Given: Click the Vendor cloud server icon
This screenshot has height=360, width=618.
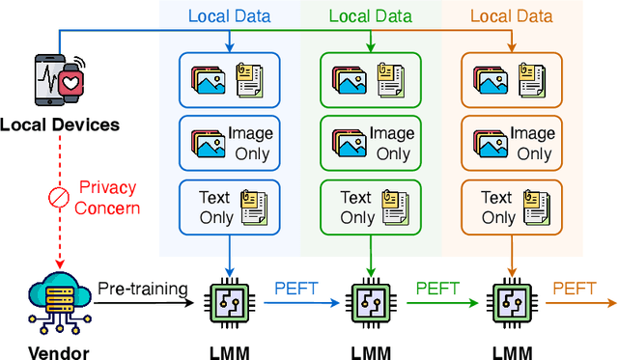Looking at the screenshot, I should tap(60, 295).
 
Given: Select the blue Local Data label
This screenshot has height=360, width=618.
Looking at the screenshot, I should tap(229, 16).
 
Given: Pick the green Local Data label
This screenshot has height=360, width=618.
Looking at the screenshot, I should tap(371, 16).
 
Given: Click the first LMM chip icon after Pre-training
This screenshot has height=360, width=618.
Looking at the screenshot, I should tap(230, 303).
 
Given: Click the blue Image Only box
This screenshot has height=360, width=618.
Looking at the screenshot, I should tap(229, 144).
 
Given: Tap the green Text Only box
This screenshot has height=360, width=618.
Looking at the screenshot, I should tap(371, 207).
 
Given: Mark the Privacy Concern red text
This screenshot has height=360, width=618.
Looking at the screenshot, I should tap(107, 197).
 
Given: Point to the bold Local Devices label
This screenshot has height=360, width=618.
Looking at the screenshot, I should tap(60, 125).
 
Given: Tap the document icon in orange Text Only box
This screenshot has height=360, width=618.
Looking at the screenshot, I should tap(534, 208).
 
